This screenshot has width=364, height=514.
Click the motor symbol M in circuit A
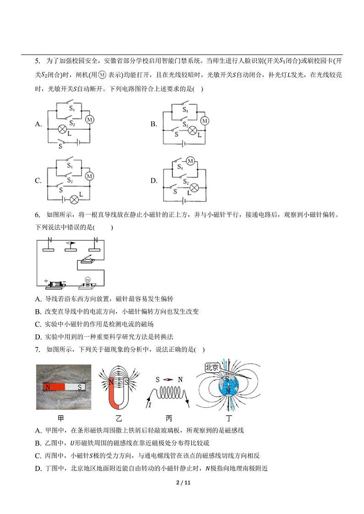(90, 120)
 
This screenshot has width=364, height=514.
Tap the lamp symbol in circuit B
(192, 131)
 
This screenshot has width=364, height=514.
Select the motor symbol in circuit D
(190, 160)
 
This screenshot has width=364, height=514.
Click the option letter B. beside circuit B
(154, 124)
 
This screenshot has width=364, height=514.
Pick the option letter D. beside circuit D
(154, 180)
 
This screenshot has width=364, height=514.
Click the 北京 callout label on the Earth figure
(212, 367)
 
